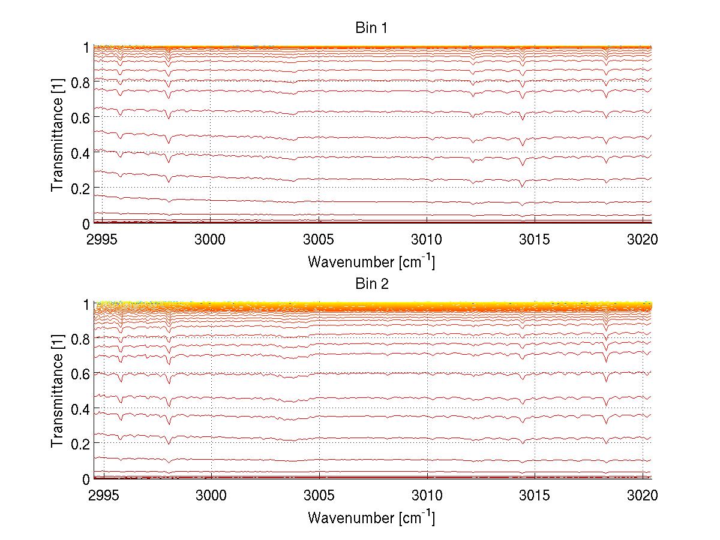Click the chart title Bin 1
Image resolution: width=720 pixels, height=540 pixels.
[371, 28]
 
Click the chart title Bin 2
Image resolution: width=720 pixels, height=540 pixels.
[371, 284]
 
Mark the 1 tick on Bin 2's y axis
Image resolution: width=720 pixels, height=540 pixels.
[86, 304]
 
